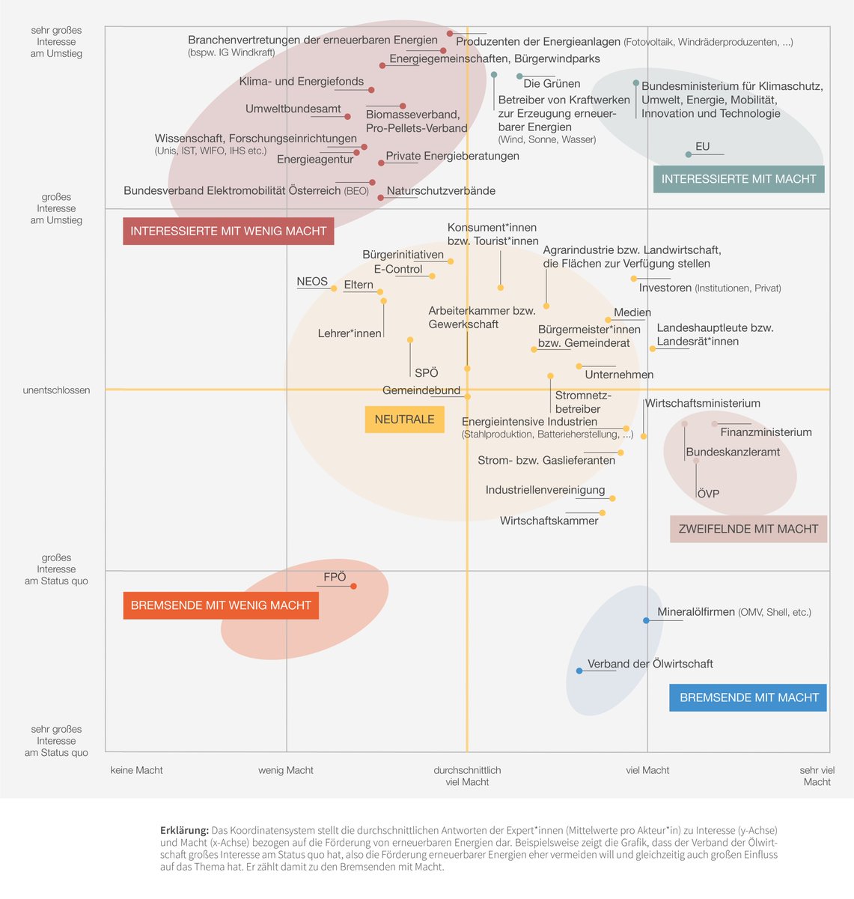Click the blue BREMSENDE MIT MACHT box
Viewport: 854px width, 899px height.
point(748,697)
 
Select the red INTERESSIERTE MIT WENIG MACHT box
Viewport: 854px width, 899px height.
point(228,231)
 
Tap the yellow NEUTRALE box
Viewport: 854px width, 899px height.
point(404,420)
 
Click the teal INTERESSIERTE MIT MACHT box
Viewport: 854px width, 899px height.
point(739,179)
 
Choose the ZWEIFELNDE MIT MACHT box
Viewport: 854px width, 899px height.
point(748,529)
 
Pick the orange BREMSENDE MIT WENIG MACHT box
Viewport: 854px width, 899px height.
point(221,605)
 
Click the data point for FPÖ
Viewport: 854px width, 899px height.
point(354,586)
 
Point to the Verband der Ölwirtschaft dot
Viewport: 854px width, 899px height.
point(579,671)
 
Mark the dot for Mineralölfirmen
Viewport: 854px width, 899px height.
point(646,620)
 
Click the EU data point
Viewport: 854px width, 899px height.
point(689,154)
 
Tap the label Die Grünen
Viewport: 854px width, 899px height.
point(552,84)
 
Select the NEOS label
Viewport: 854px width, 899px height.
point(312,282)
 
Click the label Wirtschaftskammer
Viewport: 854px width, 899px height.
point(549,521)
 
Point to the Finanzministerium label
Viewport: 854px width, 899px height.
point(766,432)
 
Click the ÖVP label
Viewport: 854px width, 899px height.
point(708,494)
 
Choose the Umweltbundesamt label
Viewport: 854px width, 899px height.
point(293,109)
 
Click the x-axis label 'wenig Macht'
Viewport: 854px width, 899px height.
point(286,770)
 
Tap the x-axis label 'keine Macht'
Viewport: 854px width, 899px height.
point(136,770)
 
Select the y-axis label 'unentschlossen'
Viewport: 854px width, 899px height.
point(56,390)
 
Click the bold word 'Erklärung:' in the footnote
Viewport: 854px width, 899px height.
point(184,830)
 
